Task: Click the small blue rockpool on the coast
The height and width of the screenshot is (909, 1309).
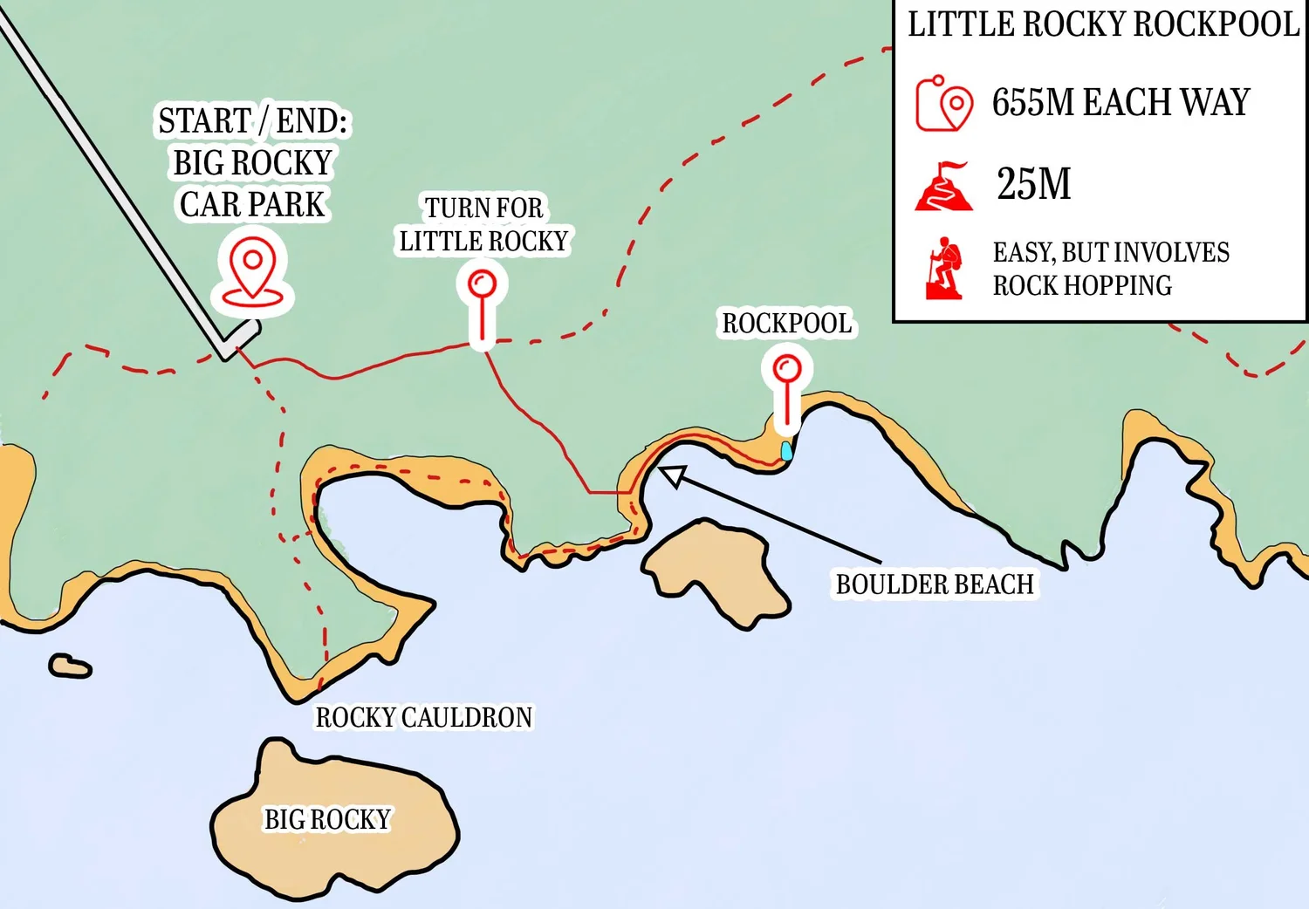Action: pyautogui.click(x=786, y=451)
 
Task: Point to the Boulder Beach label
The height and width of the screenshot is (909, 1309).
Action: pyautogui.click(x=935, y=584)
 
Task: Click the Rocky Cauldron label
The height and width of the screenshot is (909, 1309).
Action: pyautogui.click(x=423, y=717)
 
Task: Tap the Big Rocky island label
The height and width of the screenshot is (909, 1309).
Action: pyautogui.click(x=327, y=819)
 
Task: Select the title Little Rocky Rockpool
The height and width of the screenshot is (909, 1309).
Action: pyautogui.click(x=1103, y=24)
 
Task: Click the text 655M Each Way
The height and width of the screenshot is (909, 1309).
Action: pyautogui.click(x=1121, y=102)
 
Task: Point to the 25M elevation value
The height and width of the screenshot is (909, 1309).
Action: pyautogui.click(x=1034, y=184)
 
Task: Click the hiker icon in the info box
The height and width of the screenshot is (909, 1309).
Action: pyautogui.click(x=943, y=268)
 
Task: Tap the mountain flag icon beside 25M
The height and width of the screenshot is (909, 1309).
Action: pyautogui.click(x=943, y=186)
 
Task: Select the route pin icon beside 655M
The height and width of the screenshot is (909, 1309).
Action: pyautogui.click(x=943, y=104)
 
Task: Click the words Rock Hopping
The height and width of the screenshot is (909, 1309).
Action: pyautogui.click(x=1082, y=285)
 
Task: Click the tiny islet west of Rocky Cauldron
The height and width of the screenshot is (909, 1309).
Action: pyautogui.click(x=70, y=666)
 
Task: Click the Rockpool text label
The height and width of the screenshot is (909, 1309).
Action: pyautogui.click(x=786, y=324)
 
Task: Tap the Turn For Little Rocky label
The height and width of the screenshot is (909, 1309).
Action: pyautogui.click(x=483, y=224)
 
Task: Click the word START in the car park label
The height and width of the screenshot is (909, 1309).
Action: pyautogui.click(x=204, y=120)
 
